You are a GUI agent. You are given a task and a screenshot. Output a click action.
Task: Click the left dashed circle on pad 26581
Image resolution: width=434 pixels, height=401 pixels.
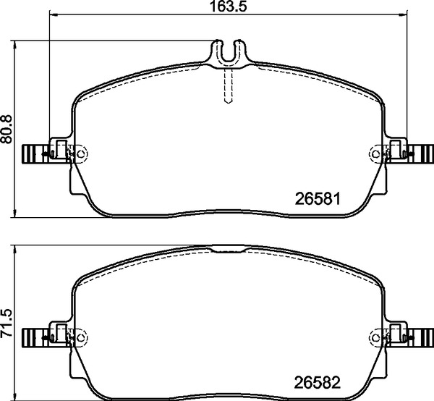click(80, 153)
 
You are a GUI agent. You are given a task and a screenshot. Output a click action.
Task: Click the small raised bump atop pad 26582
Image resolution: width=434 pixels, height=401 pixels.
click(229, 250)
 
